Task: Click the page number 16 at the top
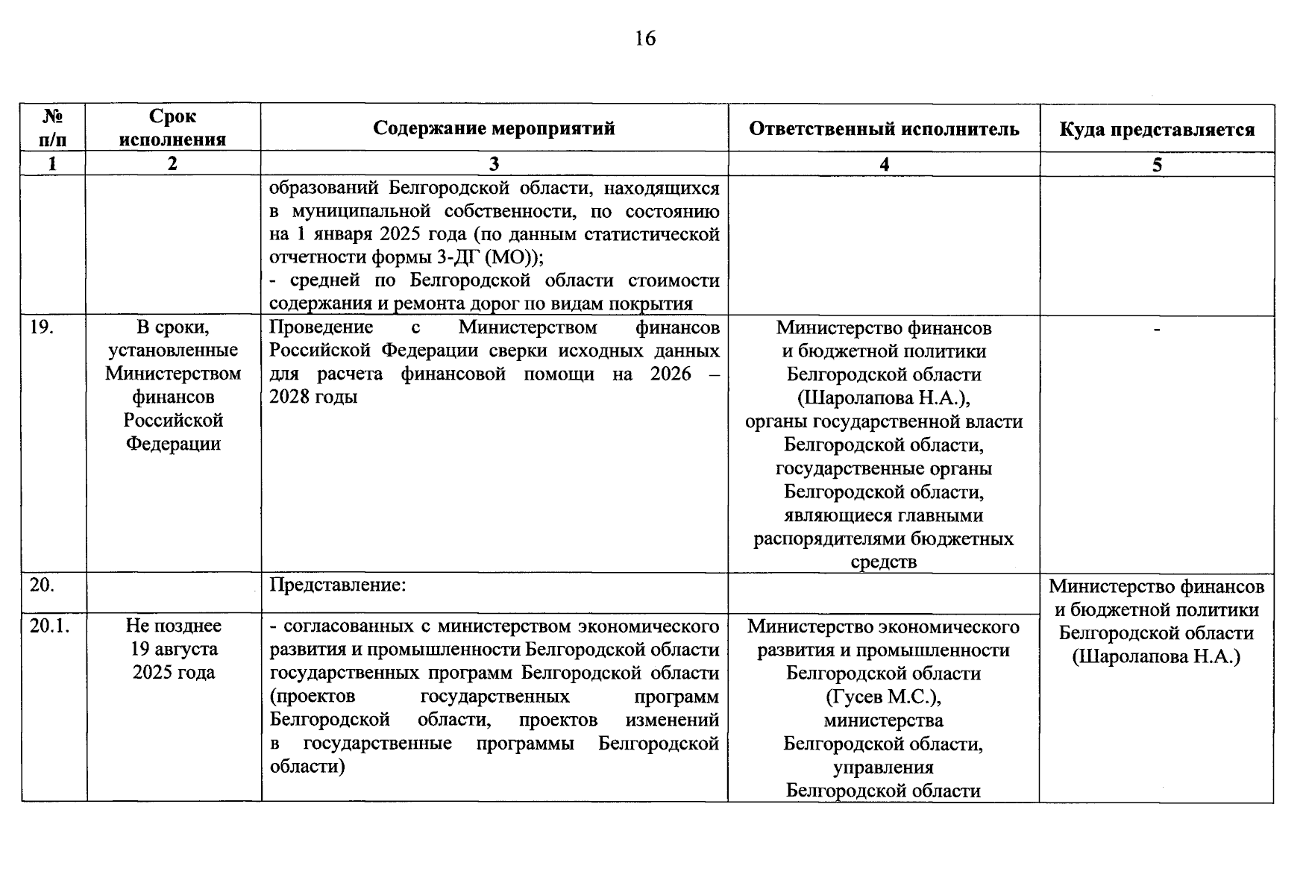point(645,39)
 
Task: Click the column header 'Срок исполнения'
point(172,128)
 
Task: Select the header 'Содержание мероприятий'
point(494,128)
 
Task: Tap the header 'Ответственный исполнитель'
point(884,129)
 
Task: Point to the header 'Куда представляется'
point(1157,130)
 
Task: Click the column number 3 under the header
point(494,164)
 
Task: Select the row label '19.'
point(42,327)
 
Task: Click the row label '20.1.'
point(49,626)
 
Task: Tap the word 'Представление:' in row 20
point(338,585)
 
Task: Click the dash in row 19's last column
point(1157,328)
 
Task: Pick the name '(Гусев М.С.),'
point(883,697)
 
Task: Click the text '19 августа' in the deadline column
point(174,649)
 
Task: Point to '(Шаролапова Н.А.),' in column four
point(883,398)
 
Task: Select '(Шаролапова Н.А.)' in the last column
point(1156,657)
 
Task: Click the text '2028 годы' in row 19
point(313,397)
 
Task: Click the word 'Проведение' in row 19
point(321,327)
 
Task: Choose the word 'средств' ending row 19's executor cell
point(883,562)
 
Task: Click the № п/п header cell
point(52,128)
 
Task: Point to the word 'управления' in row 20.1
point(883,767)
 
